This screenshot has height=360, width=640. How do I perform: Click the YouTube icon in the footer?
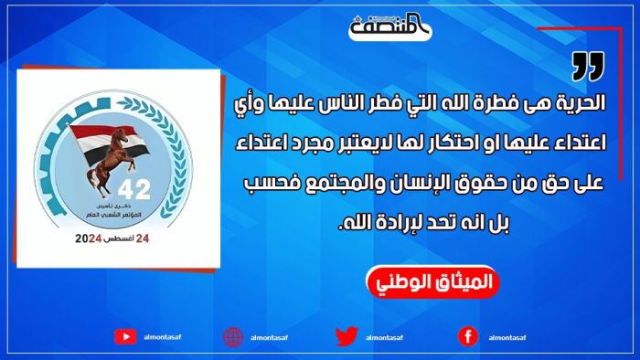point(125,336)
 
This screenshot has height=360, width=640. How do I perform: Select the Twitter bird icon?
point(345,336)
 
